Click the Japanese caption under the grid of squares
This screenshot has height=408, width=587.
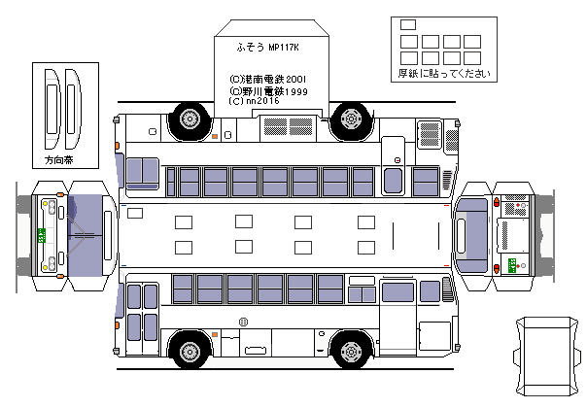(437, 74)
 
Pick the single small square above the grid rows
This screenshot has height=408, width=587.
(407, 24)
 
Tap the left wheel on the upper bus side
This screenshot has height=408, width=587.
(189, 119)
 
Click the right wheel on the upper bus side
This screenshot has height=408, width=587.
(349, 119)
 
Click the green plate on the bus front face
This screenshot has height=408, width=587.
(42, 236)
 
